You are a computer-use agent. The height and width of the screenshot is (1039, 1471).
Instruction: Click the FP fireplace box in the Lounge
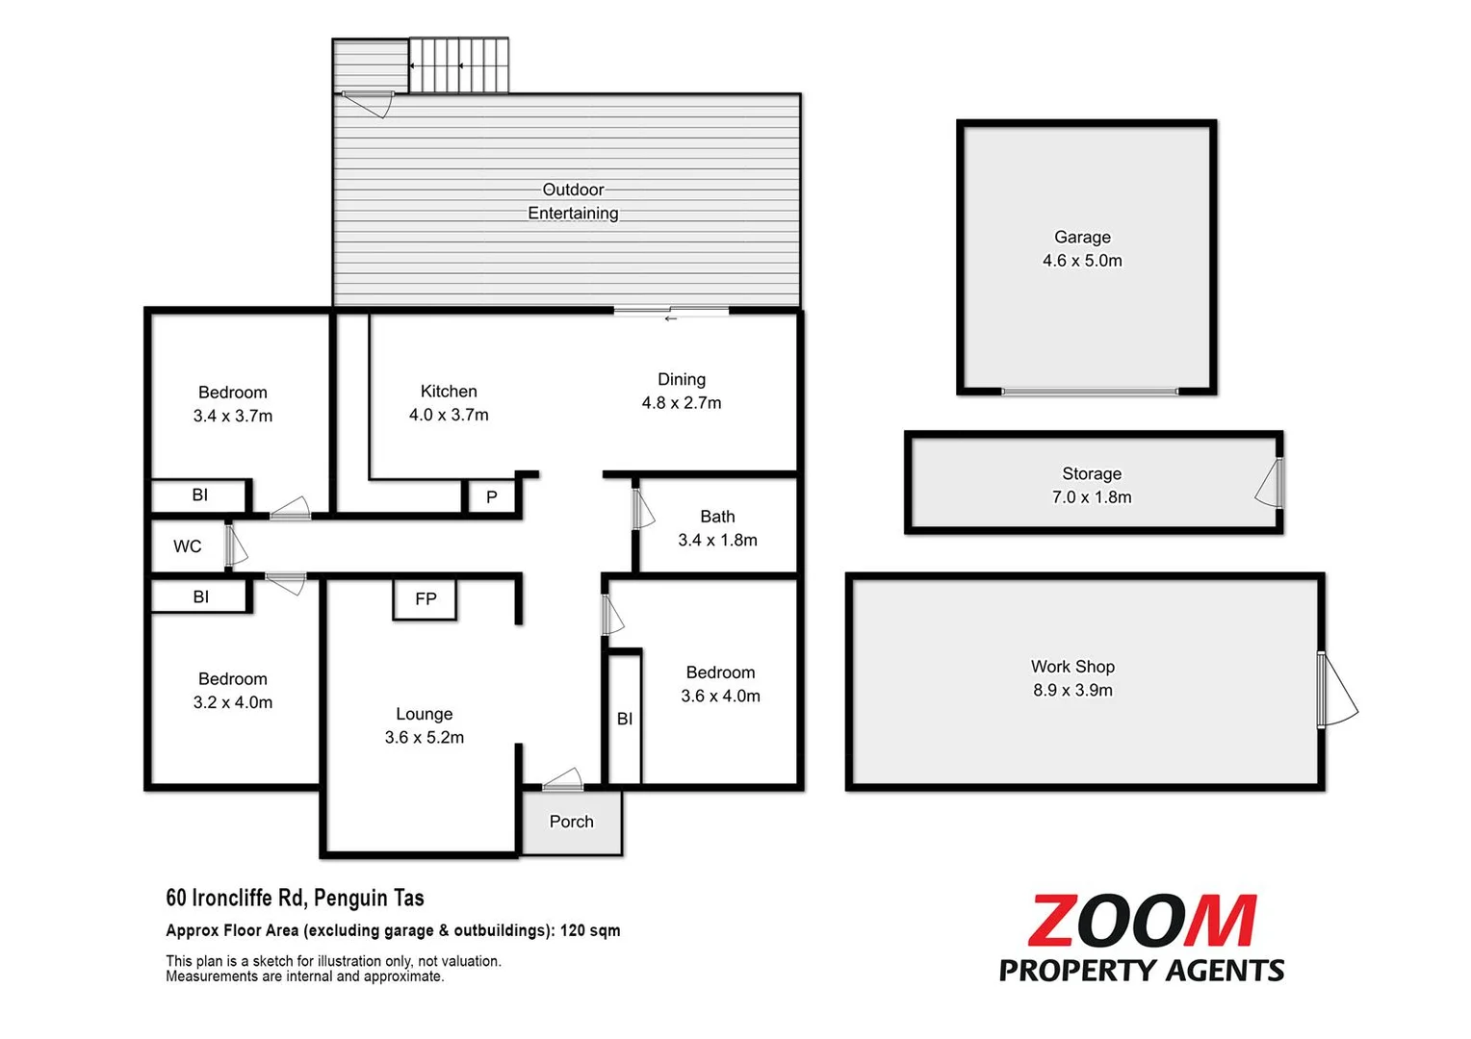coord(425,599)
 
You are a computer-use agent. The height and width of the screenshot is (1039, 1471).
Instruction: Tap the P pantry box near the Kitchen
coord(492,497)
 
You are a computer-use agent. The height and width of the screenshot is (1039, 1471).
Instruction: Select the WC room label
coord(188,546)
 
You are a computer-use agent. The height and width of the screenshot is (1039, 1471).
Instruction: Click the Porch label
coord(571,822)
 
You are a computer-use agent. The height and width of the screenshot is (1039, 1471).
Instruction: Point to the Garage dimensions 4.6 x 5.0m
coord(1082,261)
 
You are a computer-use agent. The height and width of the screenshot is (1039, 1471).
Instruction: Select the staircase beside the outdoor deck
coord(458,65)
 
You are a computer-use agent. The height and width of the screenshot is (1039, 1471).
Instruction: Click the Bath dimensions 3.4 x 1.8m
coord(717,541)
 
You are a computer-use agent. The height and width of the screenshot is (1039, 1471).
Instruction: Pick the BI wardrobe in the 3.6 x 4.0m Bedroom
coord(625,718)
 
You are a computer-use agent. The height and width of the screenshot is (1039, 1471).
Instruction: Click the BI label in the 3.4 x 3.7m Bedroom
coord(200,495)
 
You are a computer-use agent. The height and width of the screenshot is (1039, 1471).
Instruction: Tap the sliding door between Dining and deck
coord(671,312)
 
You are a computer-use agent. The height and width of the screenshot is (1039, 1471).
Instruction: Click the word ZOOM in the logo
coord(1142,922)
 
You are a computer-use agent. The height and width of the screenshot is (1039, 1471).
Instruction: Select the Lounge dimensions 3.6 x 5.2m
coord(425,738)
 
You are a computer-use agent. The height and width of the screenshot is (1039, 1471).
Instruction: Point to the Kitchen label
coord(449,392)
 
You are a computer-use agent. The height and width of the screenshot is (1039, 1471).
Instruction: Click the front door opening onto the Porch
coord(563,782)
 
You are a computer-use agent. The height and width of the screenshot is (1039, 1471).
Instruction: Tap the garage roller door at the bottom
coord(1089,392)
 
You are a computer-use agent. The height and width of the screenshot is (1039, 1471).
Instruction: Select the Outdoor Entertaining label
coord(573,201)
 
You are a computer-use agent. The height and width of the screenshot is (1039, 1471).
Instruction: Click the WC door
coord(234,545)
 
